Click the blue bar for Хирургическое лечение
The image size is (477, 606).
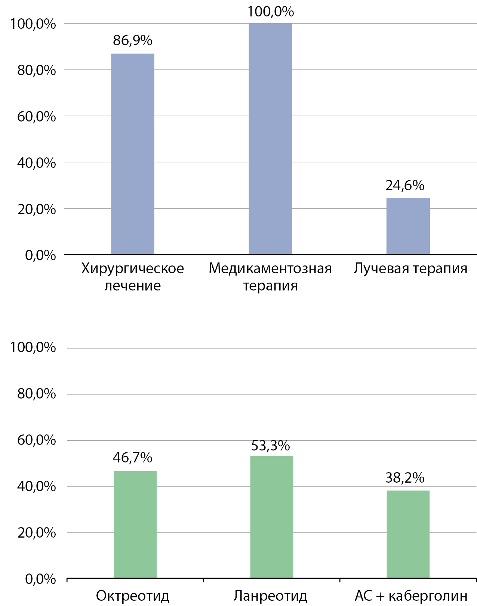point(133,154)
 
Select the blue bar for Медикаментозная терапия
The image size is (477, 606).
point(270,139)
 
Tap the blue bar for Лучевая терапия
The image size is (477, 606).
point(408,226)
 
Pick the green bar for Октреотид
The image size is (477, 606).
point(135,525)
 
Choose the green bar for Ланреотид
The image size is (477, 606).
point(272,517)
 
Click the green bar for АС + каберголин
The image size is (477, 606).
point(408,534)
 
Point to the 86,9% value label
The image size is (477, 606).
point(133,40)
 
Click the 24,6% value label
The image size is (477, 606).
point(405,185)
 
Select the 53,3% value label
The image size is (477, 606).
point(270,446)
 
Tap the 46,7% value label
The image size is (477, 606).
point(133,458)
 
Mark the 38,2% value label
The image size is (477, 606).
point(405,478)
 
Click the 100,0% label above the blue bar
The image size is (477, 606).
point(270,12)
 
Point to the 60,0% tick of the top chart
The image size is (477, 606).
point(37,117)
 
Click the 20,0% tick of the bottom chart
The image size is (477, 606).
point(37,533)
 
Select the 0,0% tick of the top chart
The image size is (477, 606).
point(40,255)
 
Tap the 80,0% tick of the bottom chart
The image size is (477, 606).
point(37,394)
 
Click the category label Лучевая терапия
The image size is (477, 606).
point(410,268)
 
